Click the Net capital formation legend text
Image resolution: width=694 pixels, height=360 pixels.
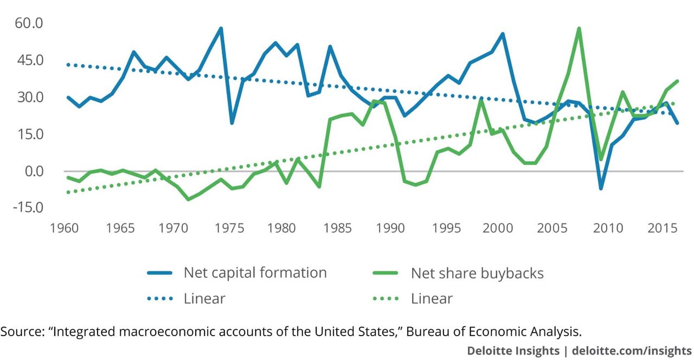point(255,272)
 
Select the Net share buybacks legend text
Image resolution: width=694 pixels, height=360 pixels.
point(477,273)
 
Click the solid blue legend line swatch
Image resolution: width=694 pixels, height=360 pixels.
point(159,273)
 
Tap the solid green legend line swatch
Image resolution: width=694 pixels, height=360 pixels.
point(387,273)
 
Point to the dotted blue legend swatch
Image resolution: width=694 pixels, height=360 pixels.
point(159,298)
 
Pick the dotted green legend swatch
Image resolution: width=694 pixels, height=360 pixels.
point(387,298)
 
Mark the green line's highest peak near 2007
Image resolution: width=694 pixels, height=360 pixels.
point(579,28)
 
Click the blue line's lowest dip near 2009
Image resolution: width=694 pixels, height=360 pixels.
point(601,188)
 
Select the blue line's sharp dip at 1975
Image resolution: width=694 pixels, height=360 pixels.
point(232,123)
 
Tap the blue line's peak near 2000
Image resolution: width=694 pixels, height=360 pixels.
point(503,34)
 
